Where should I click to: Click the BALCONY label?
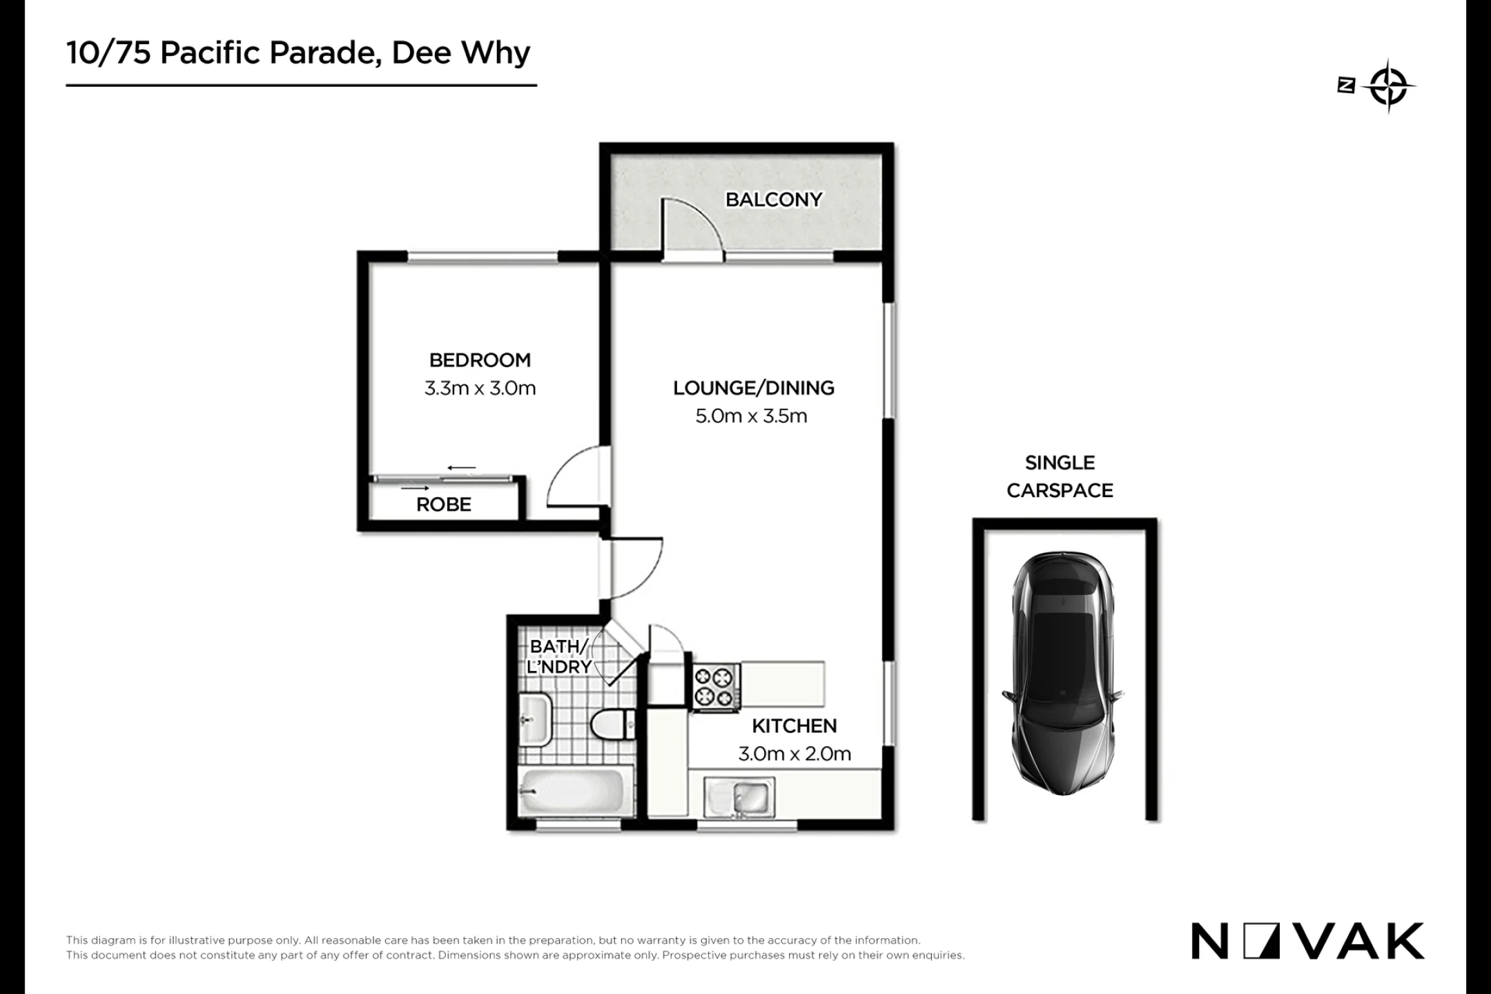774,199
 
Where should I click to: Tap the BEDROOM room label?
480,360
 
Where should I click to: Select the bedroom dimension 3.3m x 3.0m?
480,388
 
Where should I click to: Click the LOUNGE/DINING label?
754,388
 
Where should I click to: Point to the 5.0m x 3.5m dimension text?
751,416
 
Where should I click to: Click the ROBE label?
444,505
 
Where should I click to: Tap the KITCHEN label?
794,725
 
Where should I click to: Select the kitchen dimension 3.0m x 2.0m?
795,754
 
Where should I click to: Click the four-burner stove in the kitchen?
714,687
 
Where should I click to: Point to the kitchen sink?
739,797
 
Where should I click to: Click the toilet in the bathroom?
613,725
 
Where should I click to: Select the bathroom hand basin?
535,720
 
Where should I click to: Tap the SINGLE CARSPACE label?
1060,476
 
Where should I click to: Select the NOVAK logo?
1307,941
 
